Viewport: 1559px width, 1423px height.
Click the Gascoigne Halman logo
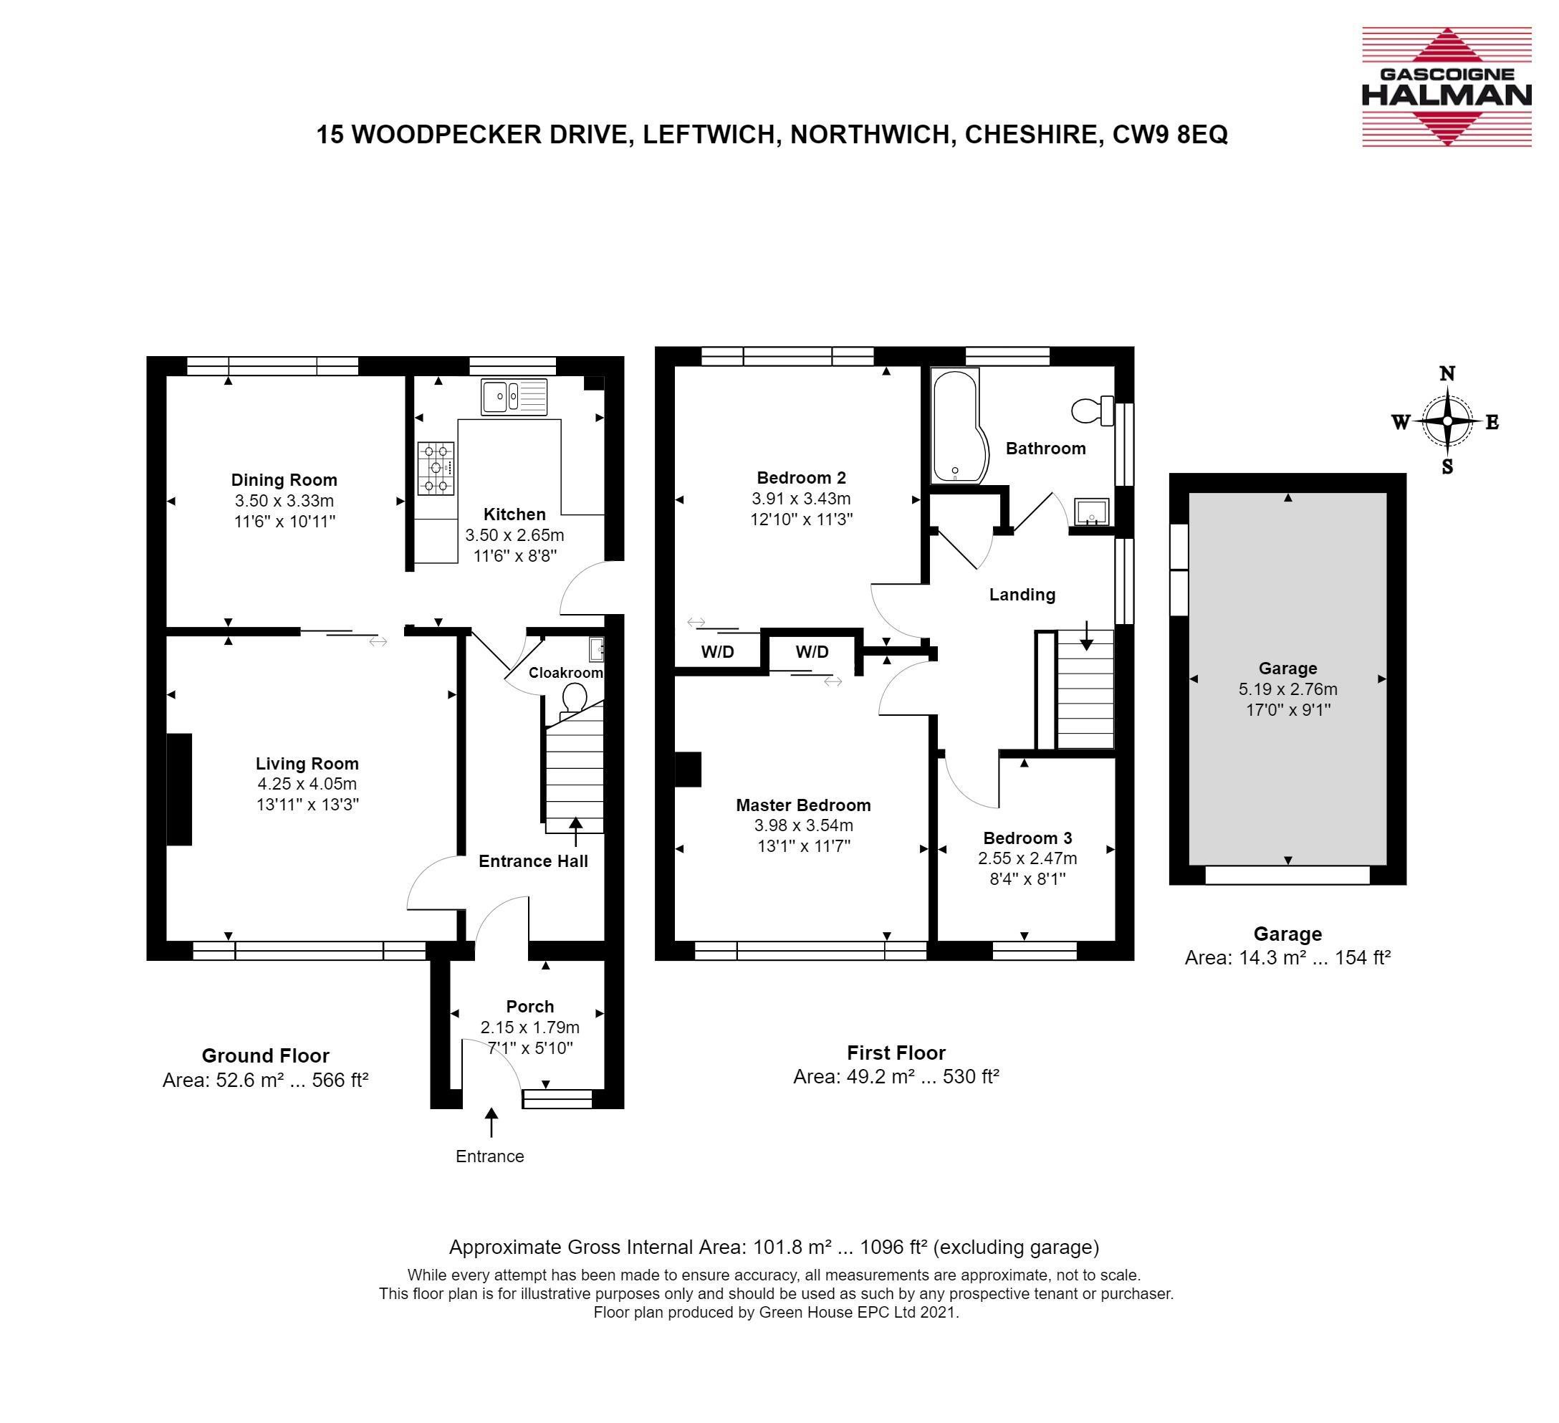pyautogui.click(x=1446, y=87)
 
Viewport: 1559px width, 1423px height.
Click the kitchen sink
pyautogui.click(x=514, y=398)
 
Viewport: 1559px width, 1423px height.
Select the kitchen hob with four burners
pyautogui.click(x=436, y=468)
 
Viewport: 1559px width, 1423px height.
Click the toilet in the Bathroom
pyautogui.click(x=1093, y=411)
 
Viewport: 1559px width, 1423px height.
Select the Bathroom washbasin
pyautogui.click(x=1091, y=512)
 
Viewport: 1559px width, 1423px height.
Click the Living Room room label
pyautogui.click(x=307, y=764)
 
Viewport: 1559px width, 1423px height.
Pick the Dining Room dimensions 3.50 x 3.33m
pyautogui.click(x=284, y=500)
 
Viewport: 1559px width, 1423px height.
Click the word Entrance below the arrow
pyautogui.click(x=489, y=1156)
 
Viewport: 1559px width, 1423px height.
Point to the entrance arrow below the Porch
pyautogui.click(x=491, y=1122)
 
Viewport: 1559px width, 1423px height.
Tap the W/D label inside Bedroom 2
pyautogui.click(x=717, y=652)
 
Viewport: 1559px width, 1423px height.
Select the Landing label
pyautogui.click(x=1022, y=595)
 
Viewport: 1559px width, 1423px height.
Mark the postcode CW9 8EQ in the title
pyautogui.click(x=1170, y=135)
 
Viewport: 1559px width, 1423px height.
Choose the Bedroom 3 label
pyautogui.click(x=1027, y=838)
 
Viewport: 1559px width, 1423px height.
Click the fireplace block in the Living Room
pyautogui.click(x=179, y=790)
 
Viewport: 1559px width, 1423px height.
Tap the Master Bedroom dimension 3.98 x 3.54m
pyautogui.click(x=803, y=826)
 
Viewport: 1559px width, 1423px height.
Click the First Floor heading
pyautogui.click(x=896, y=1053)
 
